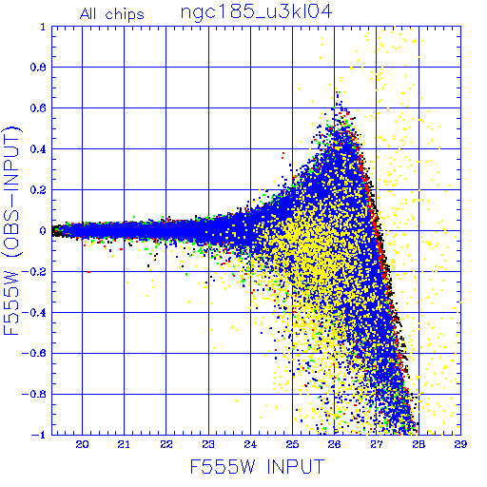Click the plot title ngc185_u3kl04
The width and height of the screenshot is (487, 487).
[x=256, y=13]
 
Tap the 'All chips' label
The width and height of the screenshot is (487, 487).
[x=112, y=14]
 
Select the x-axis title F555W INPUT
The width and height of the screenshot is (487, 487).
[x=257, y=466]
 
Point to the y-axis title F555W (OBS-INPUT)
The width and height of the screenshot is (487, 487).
[x=11, y=230]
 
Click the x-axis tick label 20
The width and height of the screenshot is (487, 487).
[x=82, y=444]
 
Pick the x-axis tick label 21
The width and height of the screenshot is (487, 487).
[x=124, y=444]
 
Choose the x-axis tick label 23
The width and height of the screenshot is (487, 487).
[x=208, y=444]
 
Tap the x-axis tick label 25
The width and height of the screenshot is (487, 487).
[x=292, y=444]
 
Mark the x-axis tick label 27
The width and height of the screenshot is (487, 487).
[x=377, y=444]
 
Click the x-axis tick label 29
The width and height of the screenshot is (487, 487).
[x=460, y=444]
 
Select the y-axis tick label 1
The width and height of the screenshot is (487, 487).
[x=43, y=27]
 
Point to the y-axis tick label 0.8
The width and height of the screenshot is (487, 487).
[x=38, y=68]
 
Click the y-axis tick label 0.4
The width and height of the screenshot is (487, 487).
[x=38, y=149]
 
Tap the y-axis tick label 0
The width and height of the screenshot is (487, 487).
[x=43, y=230]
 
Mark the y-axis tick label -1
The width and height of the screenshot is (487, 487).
[x=39, y=435]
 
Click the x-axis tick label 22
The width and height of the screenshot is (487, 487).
[x=166, y=444]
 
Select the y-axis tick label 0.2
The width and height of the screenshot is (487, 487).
[x=38, y=190]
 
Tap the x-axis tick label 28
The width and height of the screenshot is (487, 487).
[x=419, y=444]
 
